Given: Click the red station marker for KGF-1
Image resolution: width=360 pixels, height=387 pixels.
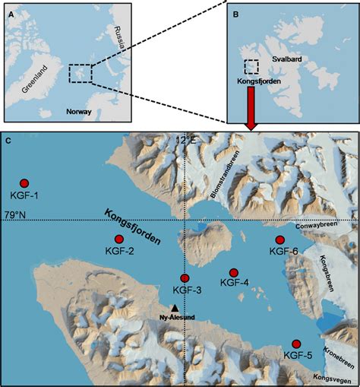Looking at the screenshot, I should pyautogui.click(x=24, y=183).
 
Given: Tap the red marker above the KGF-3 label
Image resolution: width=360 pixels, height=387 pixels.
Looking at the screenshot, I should pyautogui.click(x=185, y=278).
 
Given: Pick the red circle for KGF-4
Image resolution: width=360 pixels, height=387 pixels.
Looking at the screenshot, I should pyautogui.click(x=234, y=272).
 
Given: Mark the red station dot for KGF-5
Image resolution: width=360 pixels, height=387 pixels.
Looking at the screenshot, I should pyautogui.click(x=296, y=344).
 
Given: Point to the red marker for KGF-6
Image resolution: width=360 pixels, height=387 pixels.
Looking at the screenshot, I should pyautogui.click(x=280, y=240).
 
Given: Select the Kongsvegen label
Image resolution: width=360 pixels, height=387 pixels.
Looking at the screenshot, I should pyautogui.click(x=334, y=378).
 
